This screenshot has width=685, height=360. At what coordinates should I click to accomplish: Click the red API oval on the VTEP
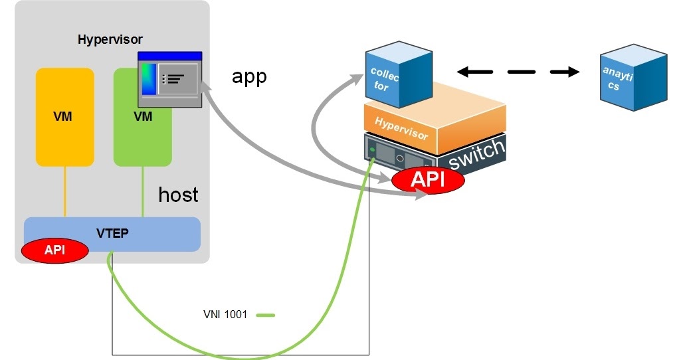tap(55, 250)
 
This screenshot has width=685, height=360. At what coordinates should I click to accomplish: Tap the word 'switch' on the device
tap(476, 155)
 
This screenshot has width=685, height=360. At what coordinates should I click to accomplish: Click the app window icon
tap(169, 78)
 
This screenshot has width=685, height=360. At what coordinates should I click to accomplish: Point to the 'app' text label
tap(249, 76)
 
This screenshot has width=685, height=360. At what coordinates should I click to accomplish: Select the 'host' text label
tap(178, 195)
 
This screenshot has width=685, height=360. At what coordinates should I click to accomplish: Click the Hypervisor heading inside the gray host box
tap(110, 40)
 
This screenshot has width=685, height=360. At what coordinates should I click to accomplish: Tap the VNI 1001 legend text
tap(225, 314)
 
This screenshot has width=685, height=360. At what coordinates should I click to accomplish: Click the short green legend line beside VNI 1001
tap(265, 314)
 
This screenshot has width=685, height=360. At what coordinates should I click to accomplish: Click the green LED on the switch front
tap(373, 150)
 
